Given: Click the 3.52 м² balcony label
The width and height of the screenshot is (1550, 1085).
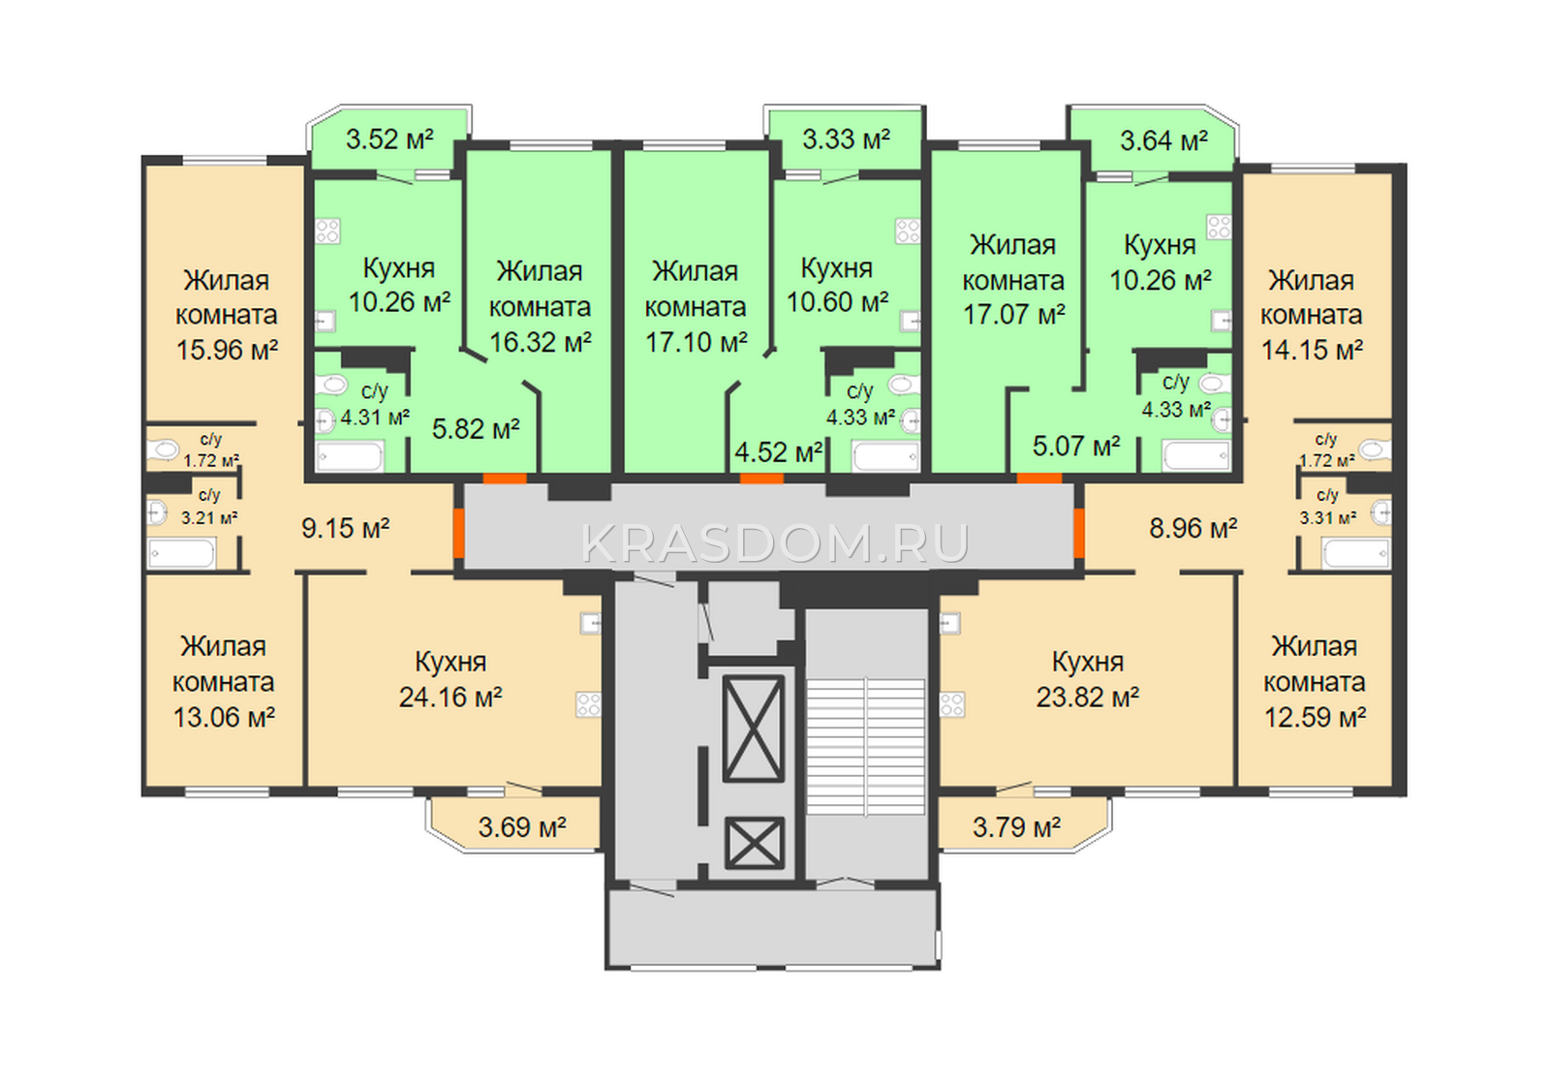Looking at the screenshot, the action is coord(389,139).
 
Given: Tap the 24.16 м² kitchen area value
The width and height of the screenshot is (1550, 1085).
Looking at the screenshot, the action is coord(450,697).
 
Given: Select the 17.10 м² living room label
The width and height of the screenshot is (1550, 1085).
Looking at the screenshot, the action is coord(697,343).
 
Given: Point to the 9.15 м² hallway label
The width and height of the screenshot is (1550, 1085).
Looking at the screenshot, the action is coord(345,529).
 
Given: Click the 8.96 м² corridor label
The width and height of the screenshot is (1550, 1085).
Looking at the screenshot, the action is coord(1193,529).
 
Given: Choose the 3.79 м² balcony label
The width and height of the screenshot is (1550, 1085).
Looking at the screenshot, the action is coord(1016,827).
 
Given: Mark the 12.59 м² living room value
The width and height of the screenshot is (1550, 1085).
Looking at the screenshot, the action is coord(1315,718).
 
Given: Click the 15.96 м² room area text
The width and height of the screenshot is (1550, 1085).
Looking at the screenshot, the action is coord(227,350).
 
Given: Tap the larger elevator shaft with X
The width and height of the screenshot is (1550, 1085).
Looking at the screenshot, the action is coord(754,728).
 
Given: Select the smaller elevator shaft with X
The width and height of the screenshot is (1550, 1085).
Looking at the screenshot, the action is coord(755,842).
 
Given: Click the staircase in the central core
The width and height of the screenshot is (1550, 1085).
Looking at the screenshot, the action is coord(866,746).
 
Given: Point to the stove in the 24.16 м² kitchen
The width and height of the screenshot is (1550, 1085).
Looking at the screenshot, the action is coord(589,705).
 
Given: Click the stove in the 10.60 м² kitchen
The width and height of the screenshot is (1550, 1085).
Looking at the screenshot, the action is coord(908,232).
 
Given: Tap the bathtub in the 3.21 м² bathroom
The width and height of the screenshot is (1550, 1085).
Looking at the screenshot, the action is coord(181,553).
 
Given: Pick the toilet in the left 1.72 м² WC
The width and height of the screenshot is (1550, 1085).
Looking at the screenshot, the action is coord(164,450).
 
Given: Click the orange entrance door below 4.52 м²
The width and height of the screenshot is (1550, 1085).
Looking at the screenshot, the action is coord(761,479).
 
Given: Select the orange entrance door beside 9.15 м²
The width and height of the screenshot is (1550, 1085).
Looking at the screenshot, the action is coord(458,533).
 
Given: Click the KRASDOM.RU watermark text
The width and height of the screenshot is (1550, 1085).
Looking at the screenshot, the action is coord(775,543).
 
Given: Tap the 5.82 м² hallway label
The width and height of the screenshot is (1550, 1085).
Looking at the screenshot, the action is coord(476,430).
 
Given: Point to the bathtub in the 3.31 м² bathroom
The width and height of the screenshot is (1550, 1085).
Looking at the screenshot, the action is coord(1356,553).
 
